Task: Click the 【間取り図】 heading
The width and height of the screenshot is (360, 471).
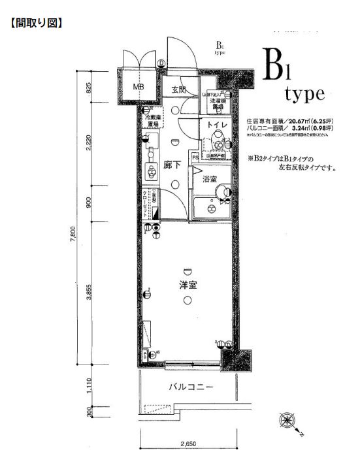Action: tap(37, 24)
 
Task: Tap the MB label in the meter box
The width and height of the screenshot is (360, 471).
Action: tap(139, 87)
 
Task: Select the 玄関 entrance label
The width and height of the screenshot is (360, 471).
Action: tap(180, 89)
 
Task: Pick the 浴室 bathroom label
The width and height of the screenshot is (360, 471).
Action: tap(209, 178)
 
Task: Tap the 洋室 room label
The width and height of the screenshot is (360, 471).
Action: tap(189, 285)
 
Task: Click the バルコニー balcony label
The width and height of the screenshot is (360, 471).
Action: tap(191, 387)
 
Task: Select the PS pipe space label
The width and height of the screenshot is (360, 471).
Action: tap(195, 157)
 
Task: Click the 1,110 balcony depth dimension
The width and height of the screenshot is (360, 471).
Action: tap(89, 388)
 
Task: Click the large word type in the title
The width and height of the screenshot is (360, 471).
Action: tap(304, 93)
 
